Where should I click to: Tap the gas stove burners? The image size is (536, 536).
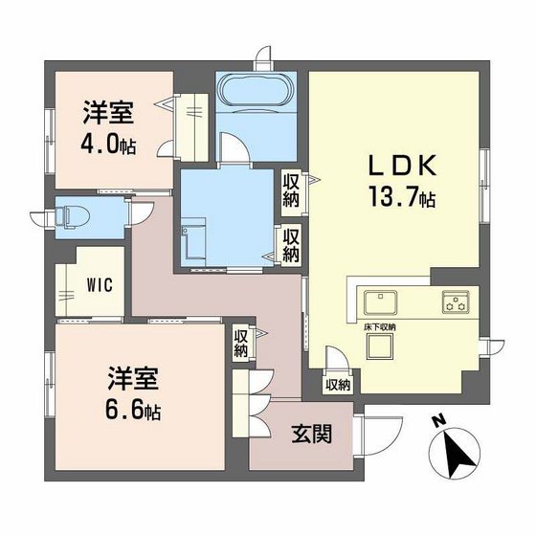click(x=455, y=303)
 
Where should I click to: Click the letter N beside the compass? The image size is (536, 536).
click(x=438, y=419)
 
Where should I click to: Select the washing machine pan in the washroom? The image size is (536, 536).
click(x=195, y=242)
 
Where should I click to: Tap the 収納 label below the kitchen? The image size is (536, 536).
click(x=337, y=385)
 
